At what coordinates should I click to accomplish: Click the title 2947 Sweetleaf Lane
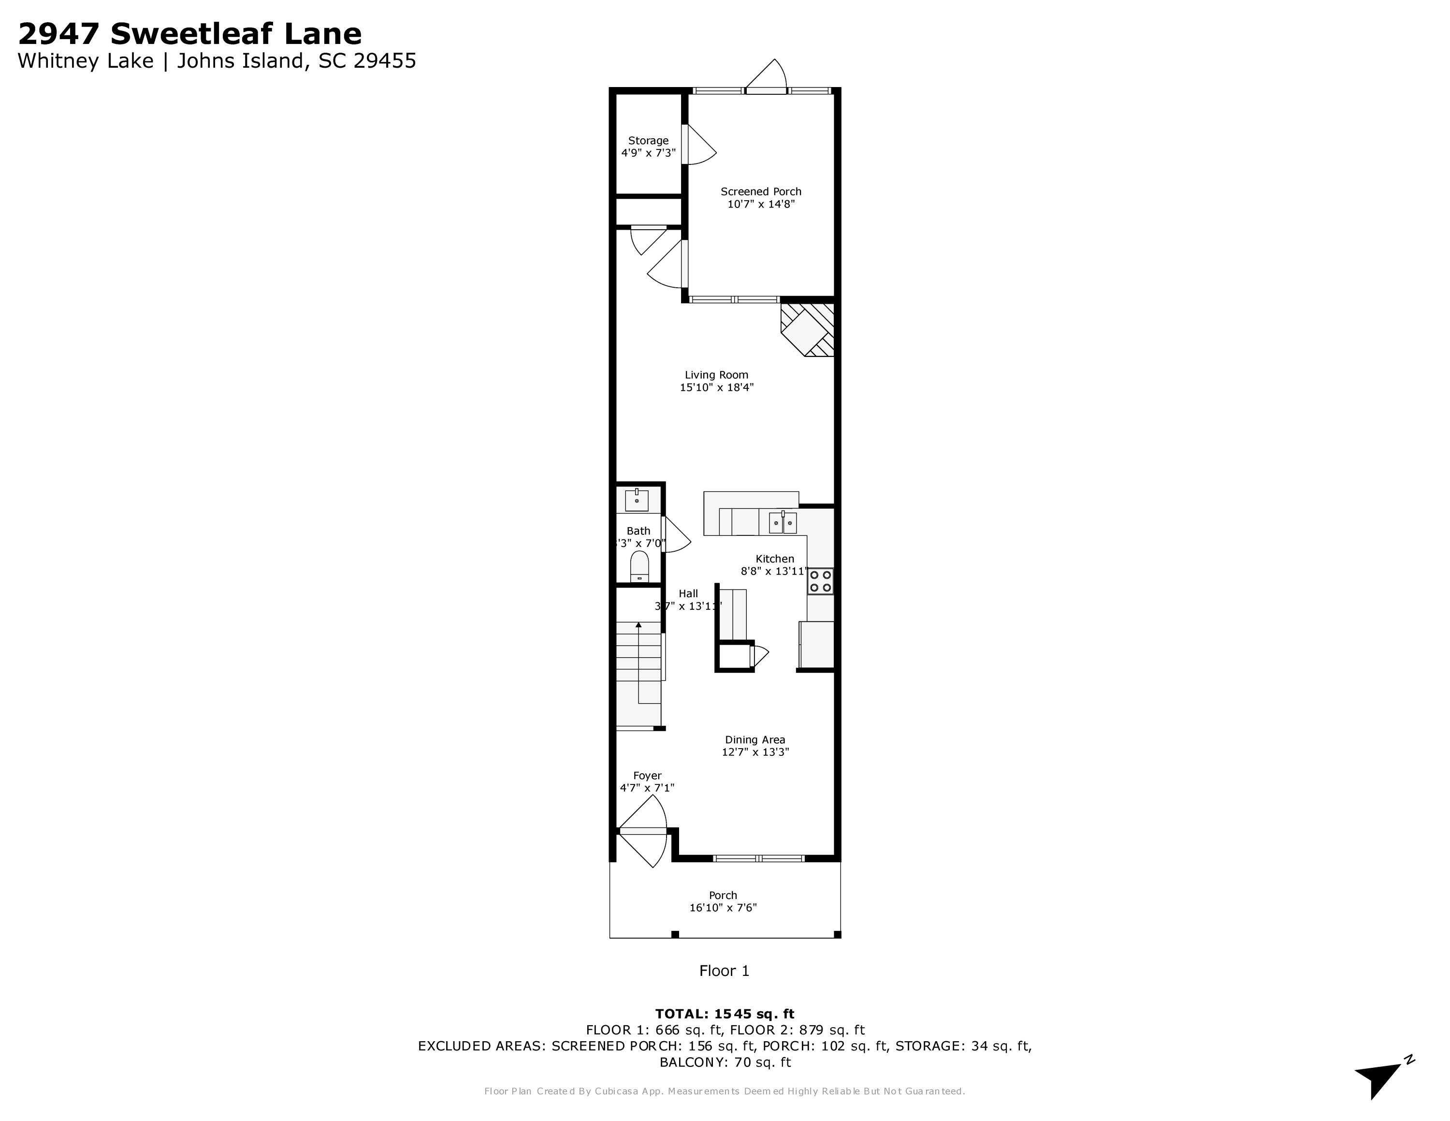click(190, 33)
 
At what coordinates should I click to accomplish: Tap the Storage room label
click(648, 141)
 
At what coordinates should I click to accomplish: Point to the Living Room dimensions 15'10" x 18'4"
click(716, 387)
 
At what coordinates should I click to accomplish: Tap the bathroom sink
click(637, 500)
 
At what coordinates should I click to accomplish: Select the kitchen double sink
click(783, 523)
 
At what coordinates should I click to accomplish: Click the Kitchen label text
click(774, 559)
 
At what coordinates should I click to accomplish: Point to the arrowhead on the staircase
click(638, 625)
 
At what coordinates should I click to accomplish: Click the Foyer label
click(647, 776)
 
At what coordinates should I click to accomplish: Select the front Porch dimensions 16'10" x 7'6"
click(723, 908)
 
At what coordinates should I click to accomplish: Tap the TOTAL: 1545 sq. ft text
click(725, 1014)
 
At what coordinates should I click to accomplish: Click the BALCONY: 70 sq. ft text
click(725, 1062)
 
